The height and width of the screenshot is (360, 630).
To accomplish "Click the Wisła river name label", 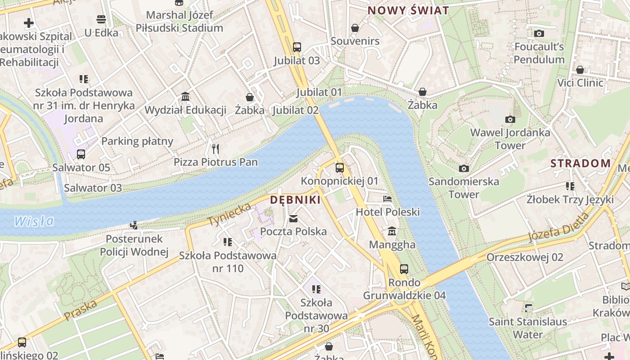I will (x=34, y=221).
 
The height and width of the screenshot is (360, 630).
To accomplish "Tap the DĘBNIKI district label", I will (x=295, y=200).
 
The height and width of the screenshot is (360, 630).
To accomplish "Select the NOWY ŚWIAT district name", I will (x=408, y=10).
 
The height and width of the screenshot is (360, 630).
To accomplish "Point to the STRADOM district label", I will (x=580, y=163).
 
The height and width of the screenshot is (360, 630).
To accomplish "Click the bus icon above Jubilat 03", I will (x=297, y=47).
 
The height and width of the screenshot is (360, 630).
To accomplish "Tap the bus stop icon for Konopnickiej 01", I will (x=340, y=168).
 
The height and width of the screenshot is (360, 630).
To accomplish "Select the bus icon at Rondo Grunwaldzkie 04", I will (x=404, y=269).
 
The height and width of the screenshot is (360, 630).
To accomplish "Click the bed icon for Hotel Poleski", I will (x=387, y=199).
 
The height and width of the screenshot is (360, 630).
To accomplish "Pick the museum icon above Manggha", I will (x=392, y=231).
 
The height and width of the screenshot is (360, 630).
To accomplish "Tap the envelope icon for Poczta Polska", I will (x=293, y=219).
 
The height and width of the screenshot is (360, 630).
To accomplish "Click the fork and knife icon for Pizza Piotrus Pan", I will (x=216, y=148).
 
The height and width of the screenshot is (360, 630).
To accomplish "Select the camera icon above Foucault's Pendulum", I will (x=539, y=33).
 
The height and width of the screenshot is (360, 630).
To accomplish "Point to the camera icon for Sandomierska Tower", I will (x=464, y=168).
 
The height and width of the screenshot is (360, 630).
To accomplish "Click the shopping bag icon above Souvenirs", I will (x=355, y=28).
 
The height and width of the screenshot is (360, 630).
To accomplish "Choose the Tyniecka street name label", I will (x=229, y=214).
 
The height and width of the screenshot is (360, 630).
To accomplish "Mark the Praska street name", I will (x=81, y=310).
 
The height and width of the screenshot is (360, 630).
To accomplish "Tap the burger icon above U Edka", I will (x=101, y=19).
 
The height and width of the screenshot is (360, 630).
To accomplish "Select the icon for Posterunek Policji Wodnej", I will (x=134, y=225).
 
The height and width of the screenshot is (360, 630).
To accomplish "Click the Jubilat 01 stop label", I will (x=319, y=92).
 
